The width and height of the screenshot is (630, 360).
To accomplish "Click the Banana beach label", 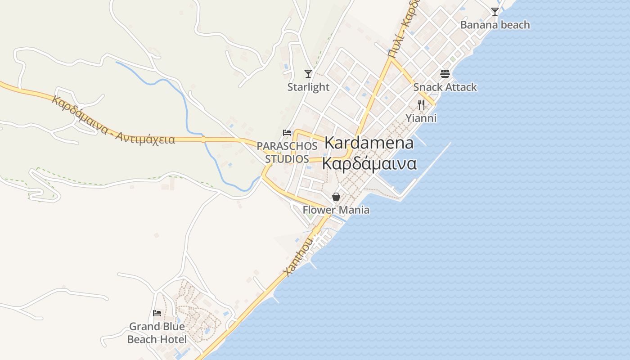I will pos(495,25).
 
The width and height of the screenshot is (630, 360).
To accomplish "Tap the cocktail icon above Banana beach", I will pos(495,12).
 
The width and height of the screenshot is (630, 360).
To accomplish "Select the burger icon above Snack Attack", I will pos(445,74).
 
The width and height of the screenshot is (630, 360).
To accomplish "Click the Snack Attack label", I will pos(445,87).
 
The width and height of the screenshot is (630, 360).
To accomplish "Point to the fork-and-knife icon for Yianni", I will pos(421,105).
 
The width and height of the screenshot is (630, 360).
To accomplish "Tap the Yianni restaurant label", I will pos(421,118).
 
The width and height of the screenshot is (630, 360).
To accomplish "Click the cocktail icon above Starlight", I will pos(308,73).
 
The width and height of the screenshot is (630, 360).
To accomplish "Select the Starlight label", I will pos(308,87).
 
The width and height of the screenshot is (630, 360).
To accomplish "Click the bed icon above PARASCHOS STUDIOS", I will pos(287,132).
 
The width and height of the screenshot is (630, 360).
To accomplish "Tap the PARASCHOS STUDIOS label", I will pos(287,153).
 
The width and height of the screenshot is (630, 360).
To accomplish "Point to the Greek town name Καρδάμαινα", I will pos(369,164).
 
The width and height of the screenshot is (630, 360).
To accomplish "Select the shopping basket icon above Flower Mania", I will pos(336,197).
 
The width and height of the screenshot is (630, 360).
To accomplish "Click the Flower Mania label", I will pos(336,210).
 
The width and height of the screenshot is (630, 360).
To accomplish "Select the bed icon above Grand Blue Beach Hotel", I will pos(157,313).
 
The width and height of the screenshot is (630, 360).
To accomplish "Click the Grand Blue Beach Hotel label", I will pos(157,333).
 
